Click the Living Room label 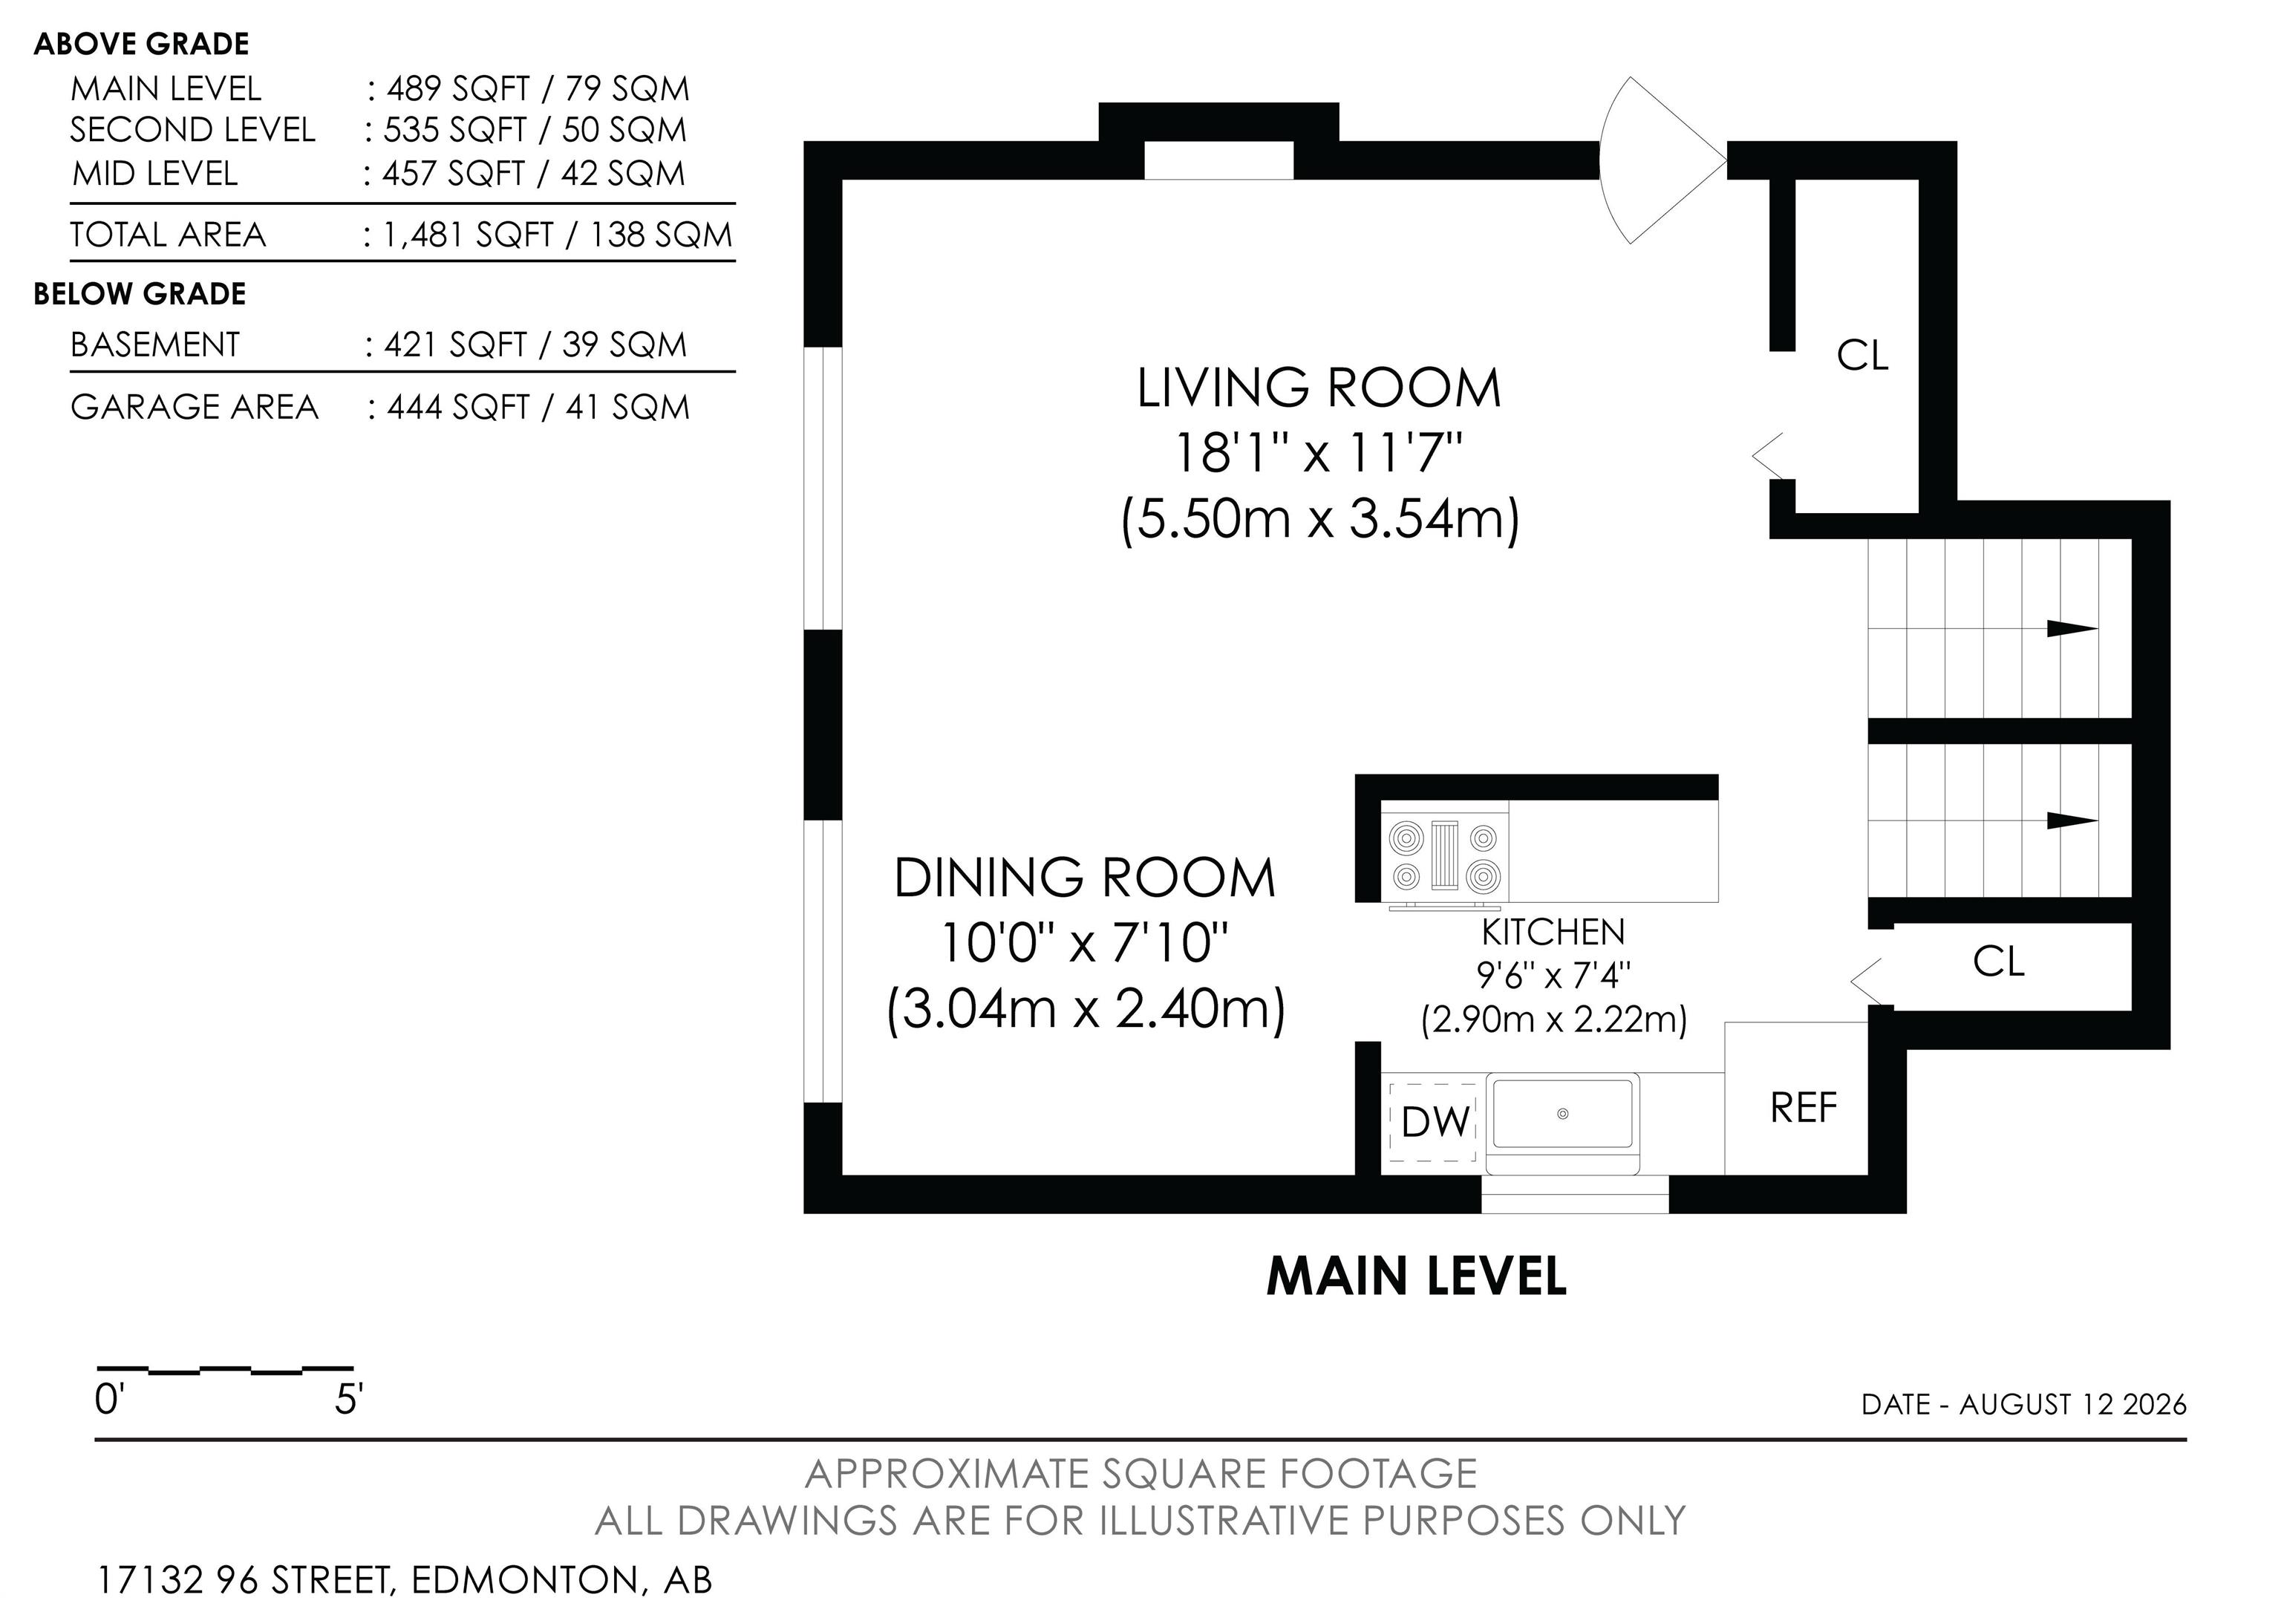click(x=1318, y=388)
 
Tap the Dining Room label click(x=1085, y=878)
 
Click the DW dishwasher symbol click(x=1434, y=1123)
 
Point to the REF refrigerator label click(x=1803, y=1107)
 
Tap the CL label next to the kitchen click(x=1998, y=962)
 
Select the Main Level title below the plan click(x=1416, y=1277)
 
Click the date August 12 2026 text click(x=2072, y=1404)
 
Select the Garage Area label click(x=195, y=407)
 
